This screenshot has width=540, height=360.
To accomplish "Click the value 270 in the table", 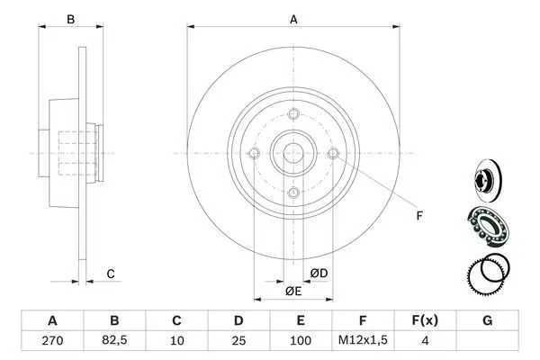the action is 52,341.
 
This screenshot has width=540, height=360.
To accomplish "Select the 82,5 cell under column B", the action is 114,340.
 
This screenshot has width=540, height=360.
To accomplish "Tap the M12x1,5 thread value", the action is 363,340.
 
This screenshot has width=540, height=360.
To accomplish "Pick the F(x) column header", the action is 425,320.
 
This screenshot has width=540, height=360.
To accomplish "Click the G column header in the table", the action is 487,320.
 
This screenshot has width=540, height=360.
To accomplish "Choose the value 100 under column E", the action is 301,341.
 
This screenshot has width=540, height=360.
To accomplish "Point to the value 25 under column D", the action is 238,341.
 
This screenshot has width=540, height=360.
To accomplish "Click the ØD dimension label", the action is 319,274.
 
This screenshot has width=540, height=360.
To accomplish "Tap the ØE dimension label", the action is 293,292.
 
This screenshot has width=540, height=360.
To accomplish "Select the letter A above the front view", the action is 293,20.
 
